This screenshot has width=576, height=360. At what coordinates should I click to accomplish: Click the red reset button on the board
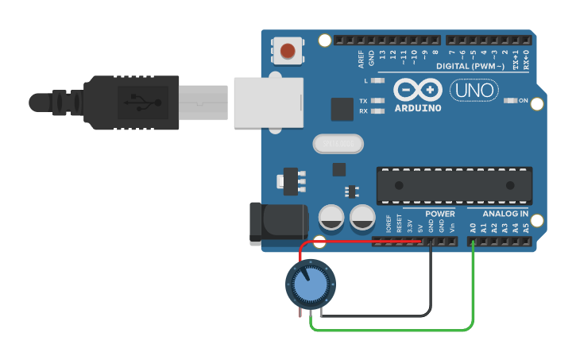(288, 52)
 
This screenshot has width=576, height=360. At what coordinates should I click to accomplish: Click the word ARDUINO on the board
(417, 107)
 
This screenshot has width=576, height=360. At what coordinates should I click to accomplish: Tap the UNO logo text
(474, 91)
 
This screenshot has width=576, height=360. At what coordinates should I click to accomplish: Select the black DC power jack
(278, 223)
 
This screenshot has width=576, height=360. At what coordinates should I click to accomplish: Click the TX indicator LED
(377, 101)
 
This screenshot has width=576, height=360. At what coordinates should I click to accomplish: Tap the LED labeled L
(377, 81)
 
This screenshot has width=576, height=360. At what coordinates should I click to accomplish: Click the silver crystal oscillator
(338, 144)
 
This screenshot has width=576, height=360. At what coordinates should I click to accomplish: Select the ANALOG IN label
(505, 214)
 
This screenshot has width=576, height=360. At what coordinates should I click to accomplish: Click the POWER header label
(440, 214)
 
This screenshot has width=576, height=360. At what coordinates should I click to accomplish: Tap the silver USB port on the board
(269, 101)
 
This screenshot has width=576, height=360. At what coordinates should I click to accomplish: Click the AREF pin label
(361, 57)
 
